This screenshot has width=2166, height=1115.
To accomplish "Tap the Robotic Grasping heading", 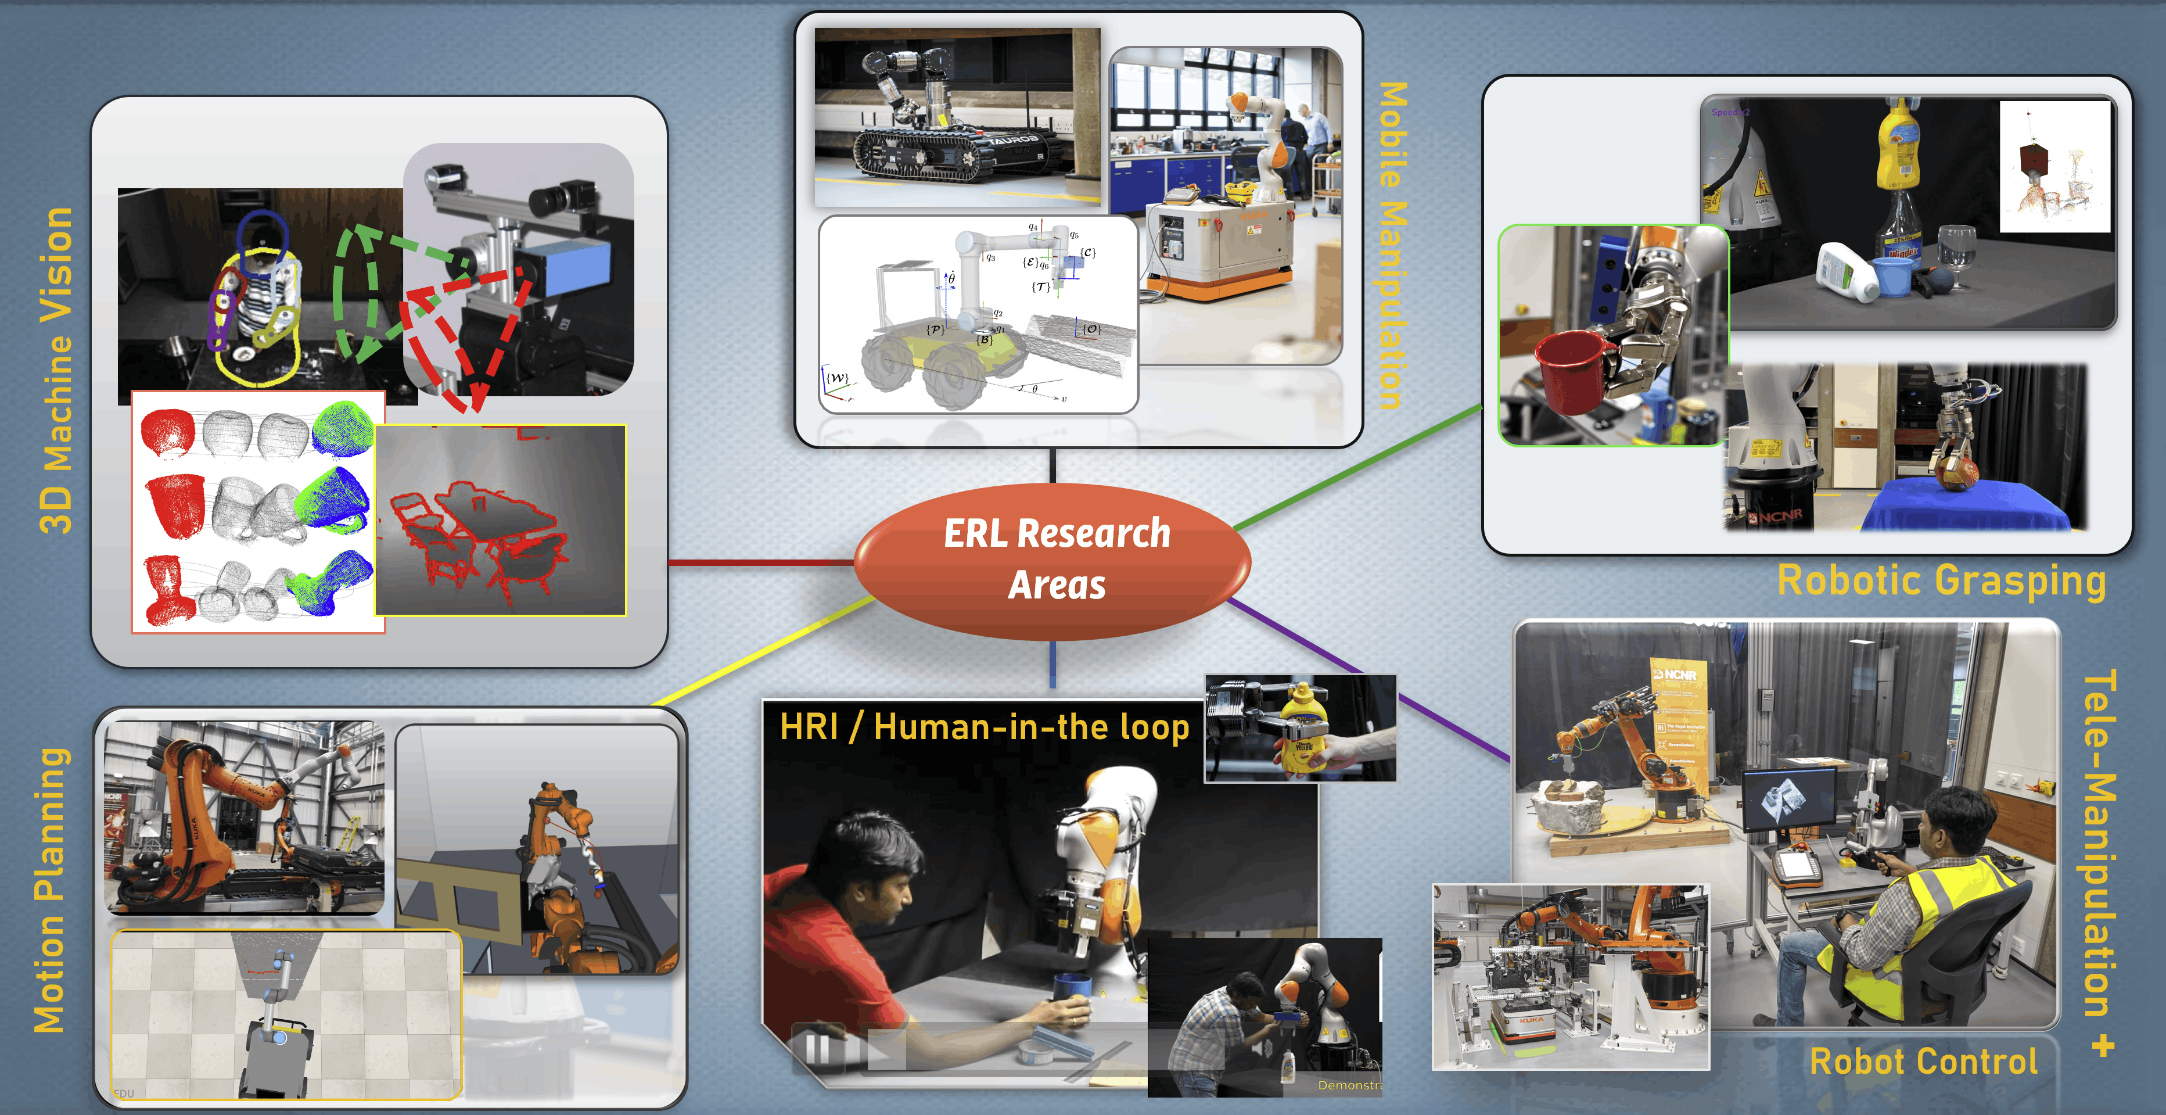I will coord(1941,581).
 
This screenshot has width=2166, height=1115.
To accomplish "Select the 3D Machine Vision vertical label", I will coord(56,370).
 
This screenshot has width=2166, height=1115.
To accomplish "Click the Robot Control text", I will coord(1923,1061).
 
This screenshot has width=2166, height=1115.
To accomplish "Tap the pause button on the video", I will coord(817,1048).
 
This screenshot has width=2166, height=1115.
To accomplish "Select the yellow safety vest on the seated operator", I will coord(1926,933).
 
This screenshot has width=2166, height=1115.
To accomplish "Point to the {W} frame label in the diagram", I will coord(838,378).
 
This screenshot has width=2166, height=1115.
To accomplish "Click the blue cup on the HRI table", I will coord(1072,987).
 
